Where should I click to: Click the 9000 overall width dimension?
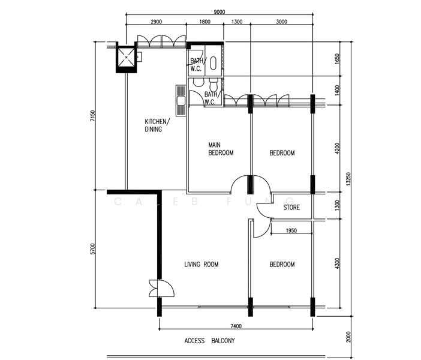click(219, 12)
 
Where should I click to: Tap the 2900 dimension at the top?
click(157, 22)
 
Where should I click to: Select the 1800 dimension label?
click(205, 22)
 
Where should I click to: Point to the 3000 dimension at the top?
click(282, 22)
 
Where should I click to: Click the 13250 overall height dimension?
click(348, 179)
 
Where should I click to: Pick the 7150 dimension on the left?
click(92, 116)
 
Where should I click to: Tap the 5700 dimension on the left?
click(92, 249)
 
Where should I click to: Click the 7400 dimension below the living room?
click(236, 326)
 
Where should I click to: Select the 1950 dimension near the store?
click(291, 230)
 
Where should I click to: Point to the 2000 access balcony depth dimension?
click(348, 337)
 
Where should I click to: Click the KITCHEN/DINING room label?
click(157, 125)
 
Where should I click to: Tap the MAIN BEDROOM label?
click(221, 149)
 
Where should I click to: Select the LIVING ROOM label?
click(202, 265)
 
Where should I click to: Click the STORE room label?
click(291, 208)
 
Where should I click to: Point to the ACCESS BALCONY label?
click(209, 341)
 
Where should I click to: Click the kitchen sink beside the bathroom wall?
click(181, 100)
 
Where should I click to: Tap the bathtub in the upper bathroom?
click(213, 63)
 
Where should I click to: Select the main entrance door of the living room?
click(162, 288)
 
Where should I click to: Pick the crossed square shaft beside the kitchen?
click(126, 57)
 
